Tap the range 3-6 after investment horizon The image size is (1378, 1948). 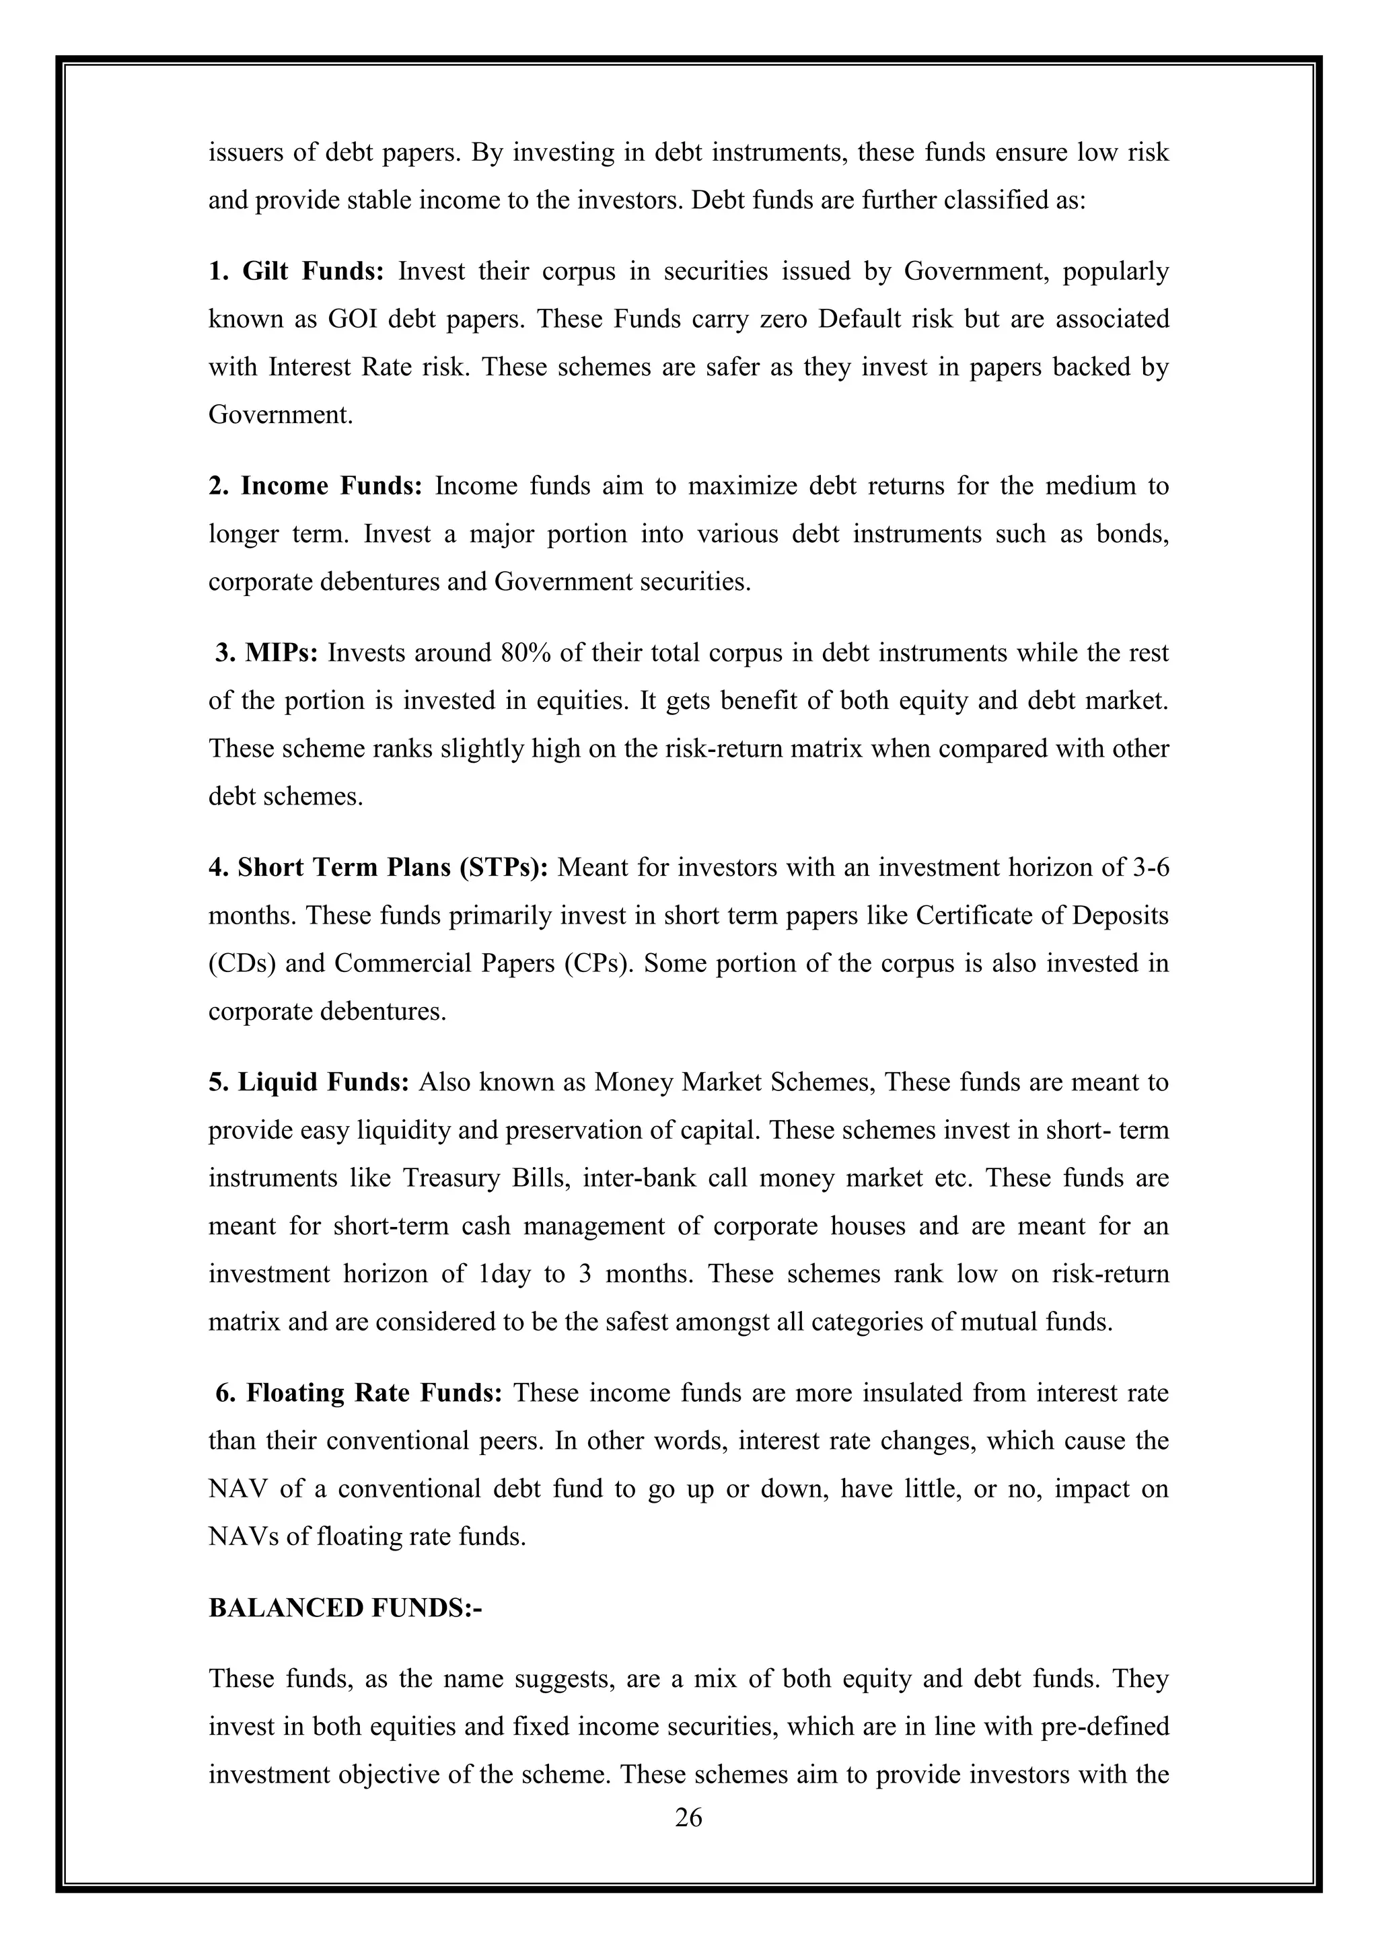pyautogui.click(x=1150, y=868)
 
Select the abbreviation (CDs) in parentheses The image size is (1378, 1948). pyautogui.click(x=241, y=964)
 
